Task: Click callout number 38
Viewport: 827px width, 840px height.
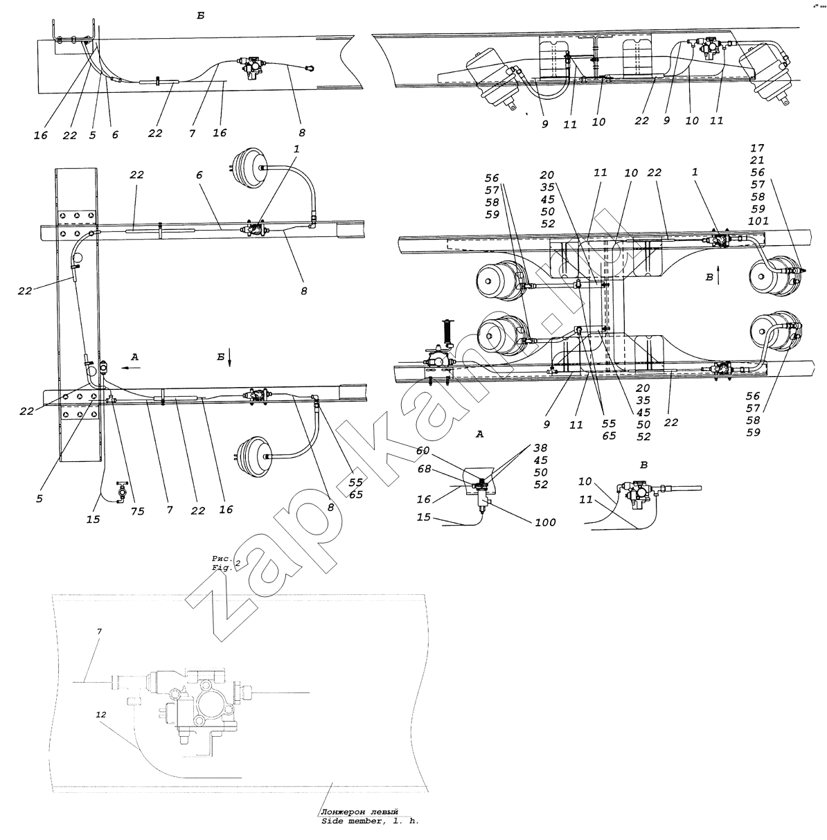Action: tap(540, 447)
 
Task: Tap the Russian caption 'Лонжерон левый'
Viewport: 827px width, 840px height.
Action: tap(359, 811)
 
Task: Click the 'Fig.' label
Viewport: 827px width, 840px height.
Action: tap(222, 568)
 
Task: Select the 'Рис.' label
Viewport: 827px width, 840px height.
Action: tap(222, 558)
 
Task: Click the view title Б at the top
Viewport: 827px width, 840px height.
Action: tap(200, 16)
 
